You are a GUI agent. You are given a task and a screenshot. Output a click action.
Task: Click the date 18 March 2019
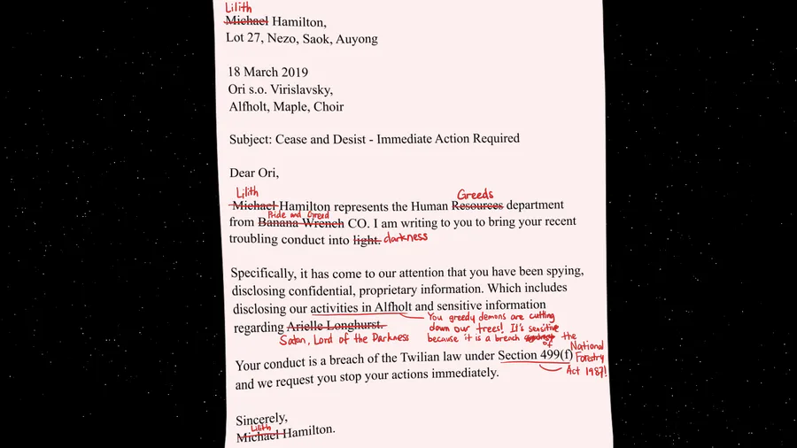coord(267,73)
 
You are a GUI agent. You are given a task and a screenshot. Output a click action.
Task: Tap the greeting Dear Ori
coord(253,173)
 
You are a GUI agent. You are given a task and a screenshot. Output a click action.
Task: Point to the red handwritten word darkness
coord(407,237)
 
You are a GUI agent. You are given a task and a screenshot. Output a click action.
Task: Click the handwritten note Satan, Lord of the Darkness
coord(344,338)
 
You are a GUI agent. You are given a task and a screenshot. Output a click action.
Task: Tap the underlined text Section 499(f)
coord(536,356)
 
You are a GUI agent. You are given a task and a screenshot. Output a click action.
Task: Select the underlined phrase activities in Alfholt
coord(360,307)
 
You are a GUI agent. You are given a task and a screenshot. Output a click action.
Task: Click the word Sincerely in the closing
coord(262,418)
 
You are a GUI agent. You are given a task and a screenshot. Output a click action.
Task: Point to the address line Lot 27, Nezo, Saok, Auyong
coord(302,39)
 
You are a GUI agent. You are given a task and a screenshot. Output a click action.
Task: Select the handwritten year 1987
coord(592,370)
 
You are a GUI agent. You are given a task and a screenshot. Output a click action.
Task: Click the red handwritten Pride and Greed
coord(298,214)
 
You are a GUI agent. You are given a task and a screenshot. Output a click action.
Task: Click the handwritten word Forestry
coord(592,358)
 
